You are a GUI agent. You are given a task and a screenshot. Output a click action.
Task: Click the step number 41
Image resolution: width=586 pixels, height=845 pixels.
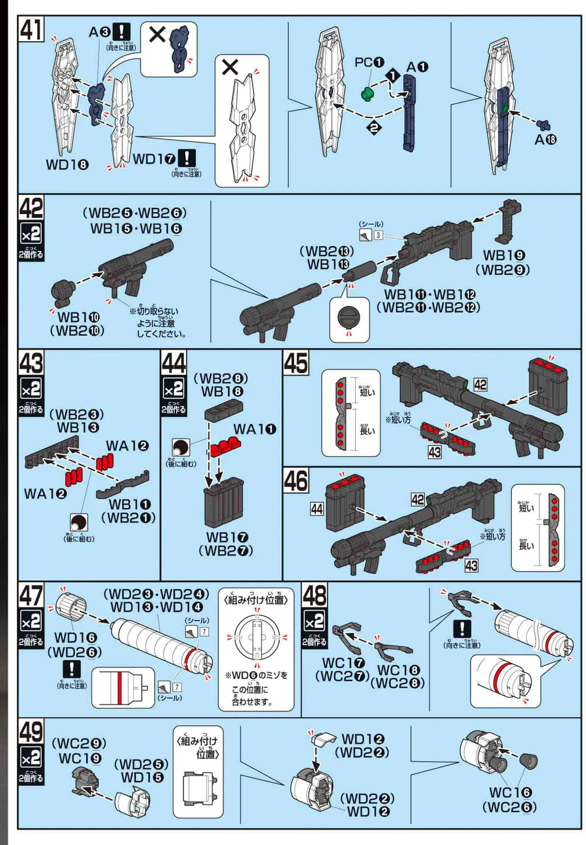(x=31, y=29)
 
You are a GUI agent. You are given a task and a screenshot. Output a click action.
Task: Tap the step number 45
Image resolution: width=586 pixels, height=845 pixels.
(x=296, y=362)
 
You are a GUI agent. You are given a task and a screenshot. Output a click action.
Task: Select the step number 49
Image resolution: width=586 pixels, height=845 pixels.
(x=31, y=732)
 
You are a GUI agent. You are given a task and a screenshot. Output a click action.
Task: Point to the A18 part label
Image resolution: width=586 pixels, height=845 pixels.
(x=545, y=139)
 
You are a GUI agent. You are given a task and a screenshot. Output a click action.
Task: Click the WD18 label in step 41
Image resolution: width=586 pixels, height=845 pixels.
(x=68, y=164)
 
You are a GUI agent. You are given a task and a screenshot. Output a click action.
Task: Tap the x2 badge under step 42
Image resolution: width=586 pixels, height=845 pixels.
(x=31, y=234)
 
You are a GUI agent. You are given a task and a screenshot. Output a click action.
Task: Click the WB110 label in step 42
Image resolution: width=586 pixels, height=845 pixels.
(x=78, y=318)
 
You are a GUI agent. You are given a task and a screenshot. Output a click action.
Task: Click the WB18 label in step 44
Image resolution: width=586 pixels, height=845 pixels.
(x=222, y=392)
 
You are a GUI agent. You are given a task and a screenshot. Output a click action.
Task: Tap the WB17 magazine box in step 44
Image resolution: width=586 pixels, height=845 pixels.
(x=224, y=502)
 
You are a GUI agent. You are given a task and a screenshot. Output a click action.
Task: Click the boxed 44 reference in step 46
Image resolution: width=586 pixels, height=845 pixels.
(x=317, y=509)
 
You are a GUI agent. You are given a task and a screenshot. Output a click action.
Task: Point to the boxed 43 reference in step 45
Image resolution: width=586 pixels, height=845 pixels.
(x=435, y=452)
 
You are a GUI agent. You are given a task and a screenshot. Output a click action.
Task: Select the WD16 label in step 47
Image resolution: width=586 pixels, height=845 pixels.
(x=75, y=638)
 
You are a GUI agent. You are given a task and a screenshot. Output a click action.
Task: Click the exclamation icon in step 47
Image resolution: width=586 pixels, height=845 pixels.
(x=72, y=669)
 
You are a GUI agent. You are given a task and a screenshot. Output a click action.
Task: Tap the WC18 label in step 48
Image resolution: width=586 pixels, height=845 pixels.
(x=398, y=670)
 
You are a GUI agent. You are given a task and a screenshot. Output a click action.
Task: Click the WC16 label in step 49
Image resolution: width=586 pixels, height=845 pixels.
(x=509, y=792)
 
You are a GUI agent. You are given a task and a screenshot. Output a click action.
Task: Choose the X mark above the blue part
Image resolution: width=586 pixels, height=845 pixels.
(x=157, y=35)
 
